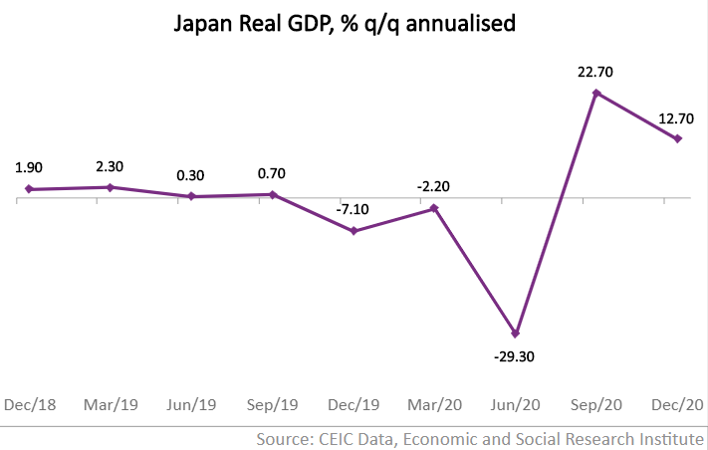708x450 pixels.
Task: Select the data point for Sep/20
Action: pos(595,94)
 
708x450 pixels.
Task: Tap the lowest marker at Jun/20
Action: pos(515,333)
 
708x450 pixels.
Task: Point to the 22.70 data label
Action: pos(595,72)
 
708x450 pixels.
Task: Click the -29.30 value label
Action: pos(514,355)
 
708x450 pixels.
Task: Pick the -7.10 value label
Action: pos(354,210)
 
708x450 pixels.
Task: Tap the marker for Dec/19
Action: pos(354,231)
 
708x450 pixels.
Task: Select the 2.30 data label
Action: pos(111,166)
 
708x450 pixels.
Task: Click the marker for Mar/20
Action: pos(434,209)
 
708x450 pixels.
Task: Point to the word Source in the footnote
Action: pos(284,438)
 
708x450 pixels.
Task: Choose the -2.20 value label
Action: pos(434,187)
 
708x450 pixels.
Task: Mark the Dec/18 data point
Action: pos(29,189)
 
